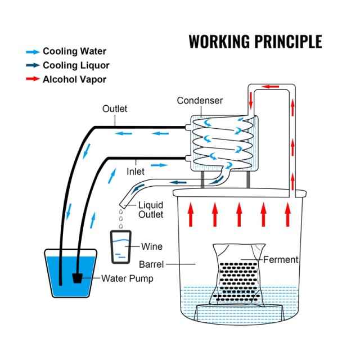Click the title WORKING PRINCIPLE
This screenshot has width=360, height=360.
(x=255, y=42)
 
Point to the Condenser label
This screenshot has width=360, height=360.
(x=200, y=101)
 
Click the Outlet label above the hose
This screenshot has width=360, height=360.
(x=115, y=109)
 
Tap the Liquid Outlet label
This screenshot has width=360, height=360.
(x=151, y=210)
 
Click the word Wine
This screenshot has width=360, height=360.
(x=152, y=246)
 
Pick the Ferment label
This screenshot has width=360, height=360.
(x=281, y=260)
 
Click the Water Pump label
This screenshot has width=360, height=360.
(x=126, y=278)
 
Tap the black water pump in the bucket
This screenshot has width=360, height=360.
(x=79, y=278)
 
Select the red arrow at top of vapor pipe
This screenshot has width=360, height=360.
(x=272, y=87)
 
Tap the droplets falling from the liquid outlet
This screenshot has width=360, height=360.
(x=121, y=217)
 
